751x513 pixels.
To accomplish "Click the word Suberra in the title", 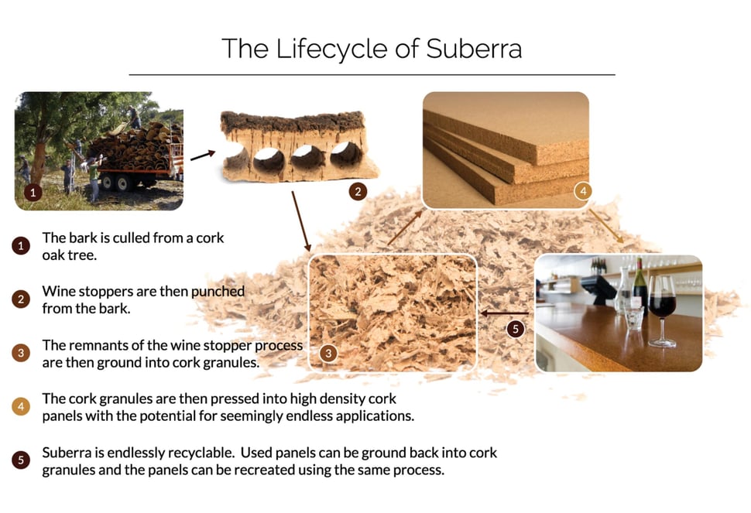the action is [474, 48].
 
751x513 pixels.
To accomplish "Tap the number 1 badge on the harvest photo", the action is [33, 193].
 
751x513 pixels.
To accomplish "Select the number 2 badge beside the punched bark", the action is [358, 192].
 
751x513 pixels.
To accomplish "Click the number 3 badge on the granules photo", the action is [328, 354].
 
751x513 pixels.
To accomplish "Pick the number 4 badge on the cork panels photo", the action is [583, 191].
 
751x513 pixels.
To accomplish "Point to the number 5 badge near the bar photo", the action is [516, 329].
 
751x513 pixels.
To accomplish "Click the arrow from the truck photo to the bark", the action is [203, 156].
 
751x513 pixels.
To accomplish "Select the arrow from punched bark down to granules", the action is [301, 221].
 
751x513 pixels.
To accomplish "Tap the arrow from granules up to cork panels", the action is [405, 227].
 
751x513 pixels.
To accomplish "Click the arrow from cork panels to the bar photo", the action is [606, 226].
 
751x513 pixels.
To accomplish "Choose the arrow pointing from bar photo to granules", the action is [504, 313].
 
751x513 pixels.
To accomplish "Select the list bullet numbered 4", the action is [21, 407].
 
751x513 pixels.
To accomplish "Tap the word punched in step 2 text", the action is [218, 292].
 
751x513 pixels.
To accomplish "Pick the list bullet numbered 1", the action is [21, 246].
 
